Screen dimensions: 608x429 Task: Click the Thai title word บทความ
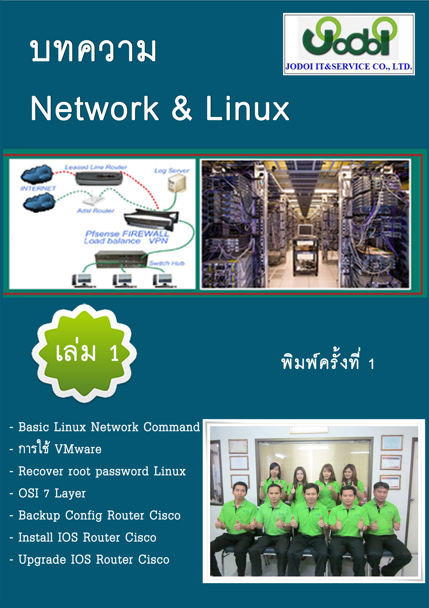coord(93,51)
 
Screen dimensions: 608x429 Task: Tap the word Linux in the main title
coord(248,109)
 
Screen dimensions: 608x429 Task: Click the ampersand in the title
coord(182,109)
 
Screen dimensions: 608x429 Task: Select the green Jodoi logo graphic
coord(349,37)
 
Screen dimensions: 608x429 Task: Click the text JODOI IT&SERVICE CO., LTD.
coord(349,67)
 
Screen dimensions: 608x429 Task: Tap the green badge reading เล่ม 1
coord(85,353)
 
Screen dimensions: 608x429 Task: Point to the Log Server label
coord(172,171)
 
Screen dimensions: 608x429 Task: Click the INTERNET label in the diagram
coord(38,188)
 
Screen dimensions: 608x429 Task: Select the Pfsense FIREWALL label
coord(127,234)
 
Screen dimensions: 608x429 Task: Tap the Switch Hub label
coord(166,263)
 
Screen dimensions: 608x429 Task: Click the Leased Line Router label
coord(96,167)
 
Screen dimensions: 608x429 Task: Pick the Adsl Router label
coord(95,211)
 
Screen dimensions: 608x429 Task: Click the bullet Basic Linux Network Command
coord(109,427)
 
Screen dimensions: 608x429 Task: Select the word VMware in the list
coord(78,449)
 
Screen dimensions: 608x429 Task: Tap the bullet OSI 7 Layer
coord(52,493)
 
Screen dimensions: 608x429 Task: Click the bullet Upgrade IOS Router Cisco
coord(94,559)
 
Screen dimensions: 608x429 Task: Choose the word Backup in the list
coord(39,515)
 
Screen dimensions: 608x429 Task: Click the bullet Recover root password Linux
coord(102,471)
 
